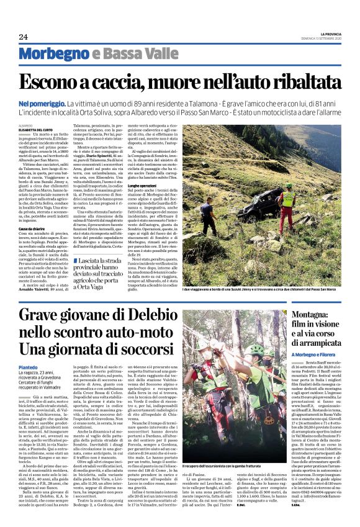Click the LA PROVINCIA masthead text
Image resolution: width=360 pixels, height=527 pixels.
[x=325, y=34]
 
